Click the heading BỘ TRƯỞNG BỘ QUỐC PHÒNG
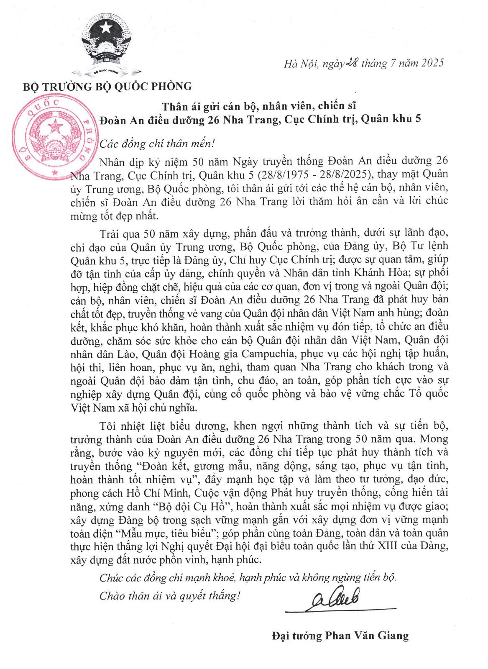(x=107, y=87)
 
